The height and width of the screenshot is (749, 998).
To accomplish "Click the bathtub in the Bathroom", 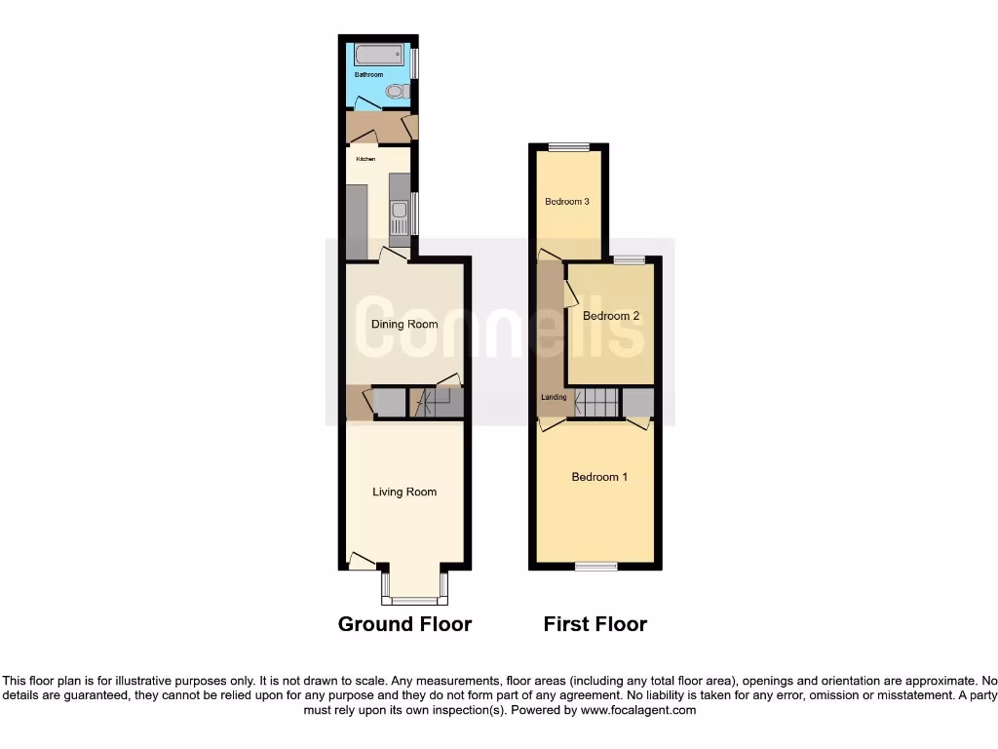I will [381, 54].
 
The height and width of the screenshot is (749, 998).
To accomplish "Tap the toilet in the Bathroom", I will [396, 92].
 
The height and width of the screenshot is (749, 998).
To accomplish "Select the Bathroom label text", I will [368, 75].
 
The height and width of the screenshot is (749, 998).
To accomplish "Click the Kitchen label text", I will [365, 158].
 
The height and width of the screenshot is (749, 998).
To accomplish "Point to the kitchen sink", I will [399, 211].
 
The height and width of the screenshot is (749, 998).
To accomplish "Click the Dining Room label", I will [404, 324].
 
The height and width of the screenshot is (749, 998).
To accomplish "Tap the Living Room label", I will [404, 492].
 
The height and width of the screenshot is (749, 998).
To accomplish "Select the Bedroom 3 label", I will [567, 202].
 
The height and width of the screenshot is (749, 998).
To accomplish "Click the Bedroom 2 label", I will [611, 316].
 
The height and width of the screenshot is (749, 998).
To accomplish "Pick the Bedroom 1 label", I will [599, 477].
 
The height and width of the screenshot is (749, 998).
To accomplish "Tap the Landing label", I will [554, 397].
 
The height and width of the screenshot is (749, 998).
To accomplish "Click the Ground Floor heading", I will [404, 624].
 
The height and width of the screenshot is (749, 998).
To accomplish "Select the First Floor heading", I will [595, 624].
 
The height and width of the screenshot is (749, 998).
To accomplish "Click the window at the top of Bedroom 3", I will [568, 147].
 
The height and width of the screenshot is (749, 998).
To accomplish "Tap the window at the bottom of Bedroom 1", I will [595, 567].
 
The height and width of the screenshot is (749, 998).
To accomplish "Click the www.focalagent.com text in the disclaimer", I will [637, 711].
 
